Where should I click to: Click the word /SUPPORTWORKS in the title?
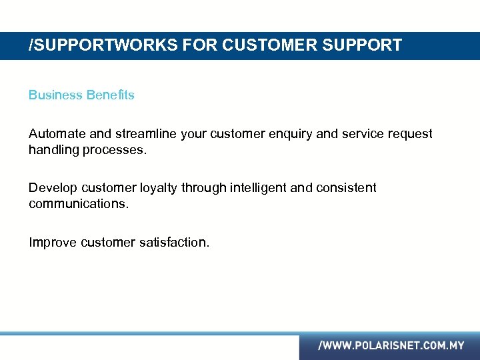90,45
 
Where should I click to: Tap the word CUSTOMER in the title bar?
265,45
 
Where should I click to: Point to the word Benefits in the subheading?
110,95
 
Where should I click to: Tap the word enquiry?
290,135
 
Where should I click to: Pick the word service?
363,134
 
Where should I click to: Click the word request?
410,135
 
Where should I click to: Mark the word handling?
53,150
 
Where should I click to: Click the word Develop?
53,189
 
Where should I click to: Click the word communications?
79,203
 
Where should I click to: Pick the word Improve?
53,243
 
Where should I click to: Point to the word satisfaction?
174,243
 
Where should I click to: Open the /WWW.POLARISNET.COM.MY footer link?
391,346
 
